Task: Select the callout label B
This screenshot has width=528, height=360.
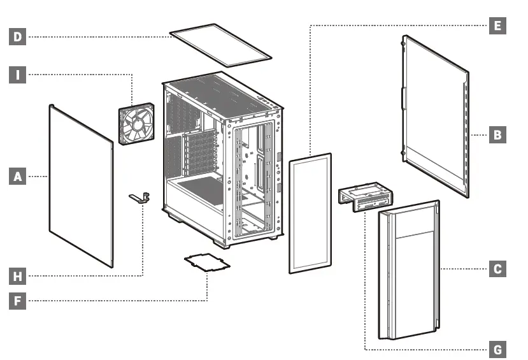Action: (497, 134)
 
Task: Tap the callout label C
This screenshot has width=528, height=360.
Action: (497, 269)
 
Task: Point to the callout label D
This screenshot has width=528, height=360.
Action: (18, 37)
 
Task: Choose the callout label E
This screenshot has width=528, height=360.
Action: (497, 26)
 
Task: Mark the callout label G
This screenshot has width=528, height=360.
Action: (497, 349)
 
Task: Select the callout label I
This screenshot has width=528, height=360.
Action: (18, 75)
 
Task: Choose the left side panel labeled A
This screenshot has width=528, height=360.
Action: (81, 185)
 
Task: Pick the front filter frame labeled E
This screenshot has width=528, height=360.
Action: (310, 213)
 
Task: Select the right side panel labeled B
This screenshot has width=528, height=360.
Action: (436, 115)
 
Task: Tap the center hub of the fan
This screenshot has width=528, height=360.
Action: (137, 126)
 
